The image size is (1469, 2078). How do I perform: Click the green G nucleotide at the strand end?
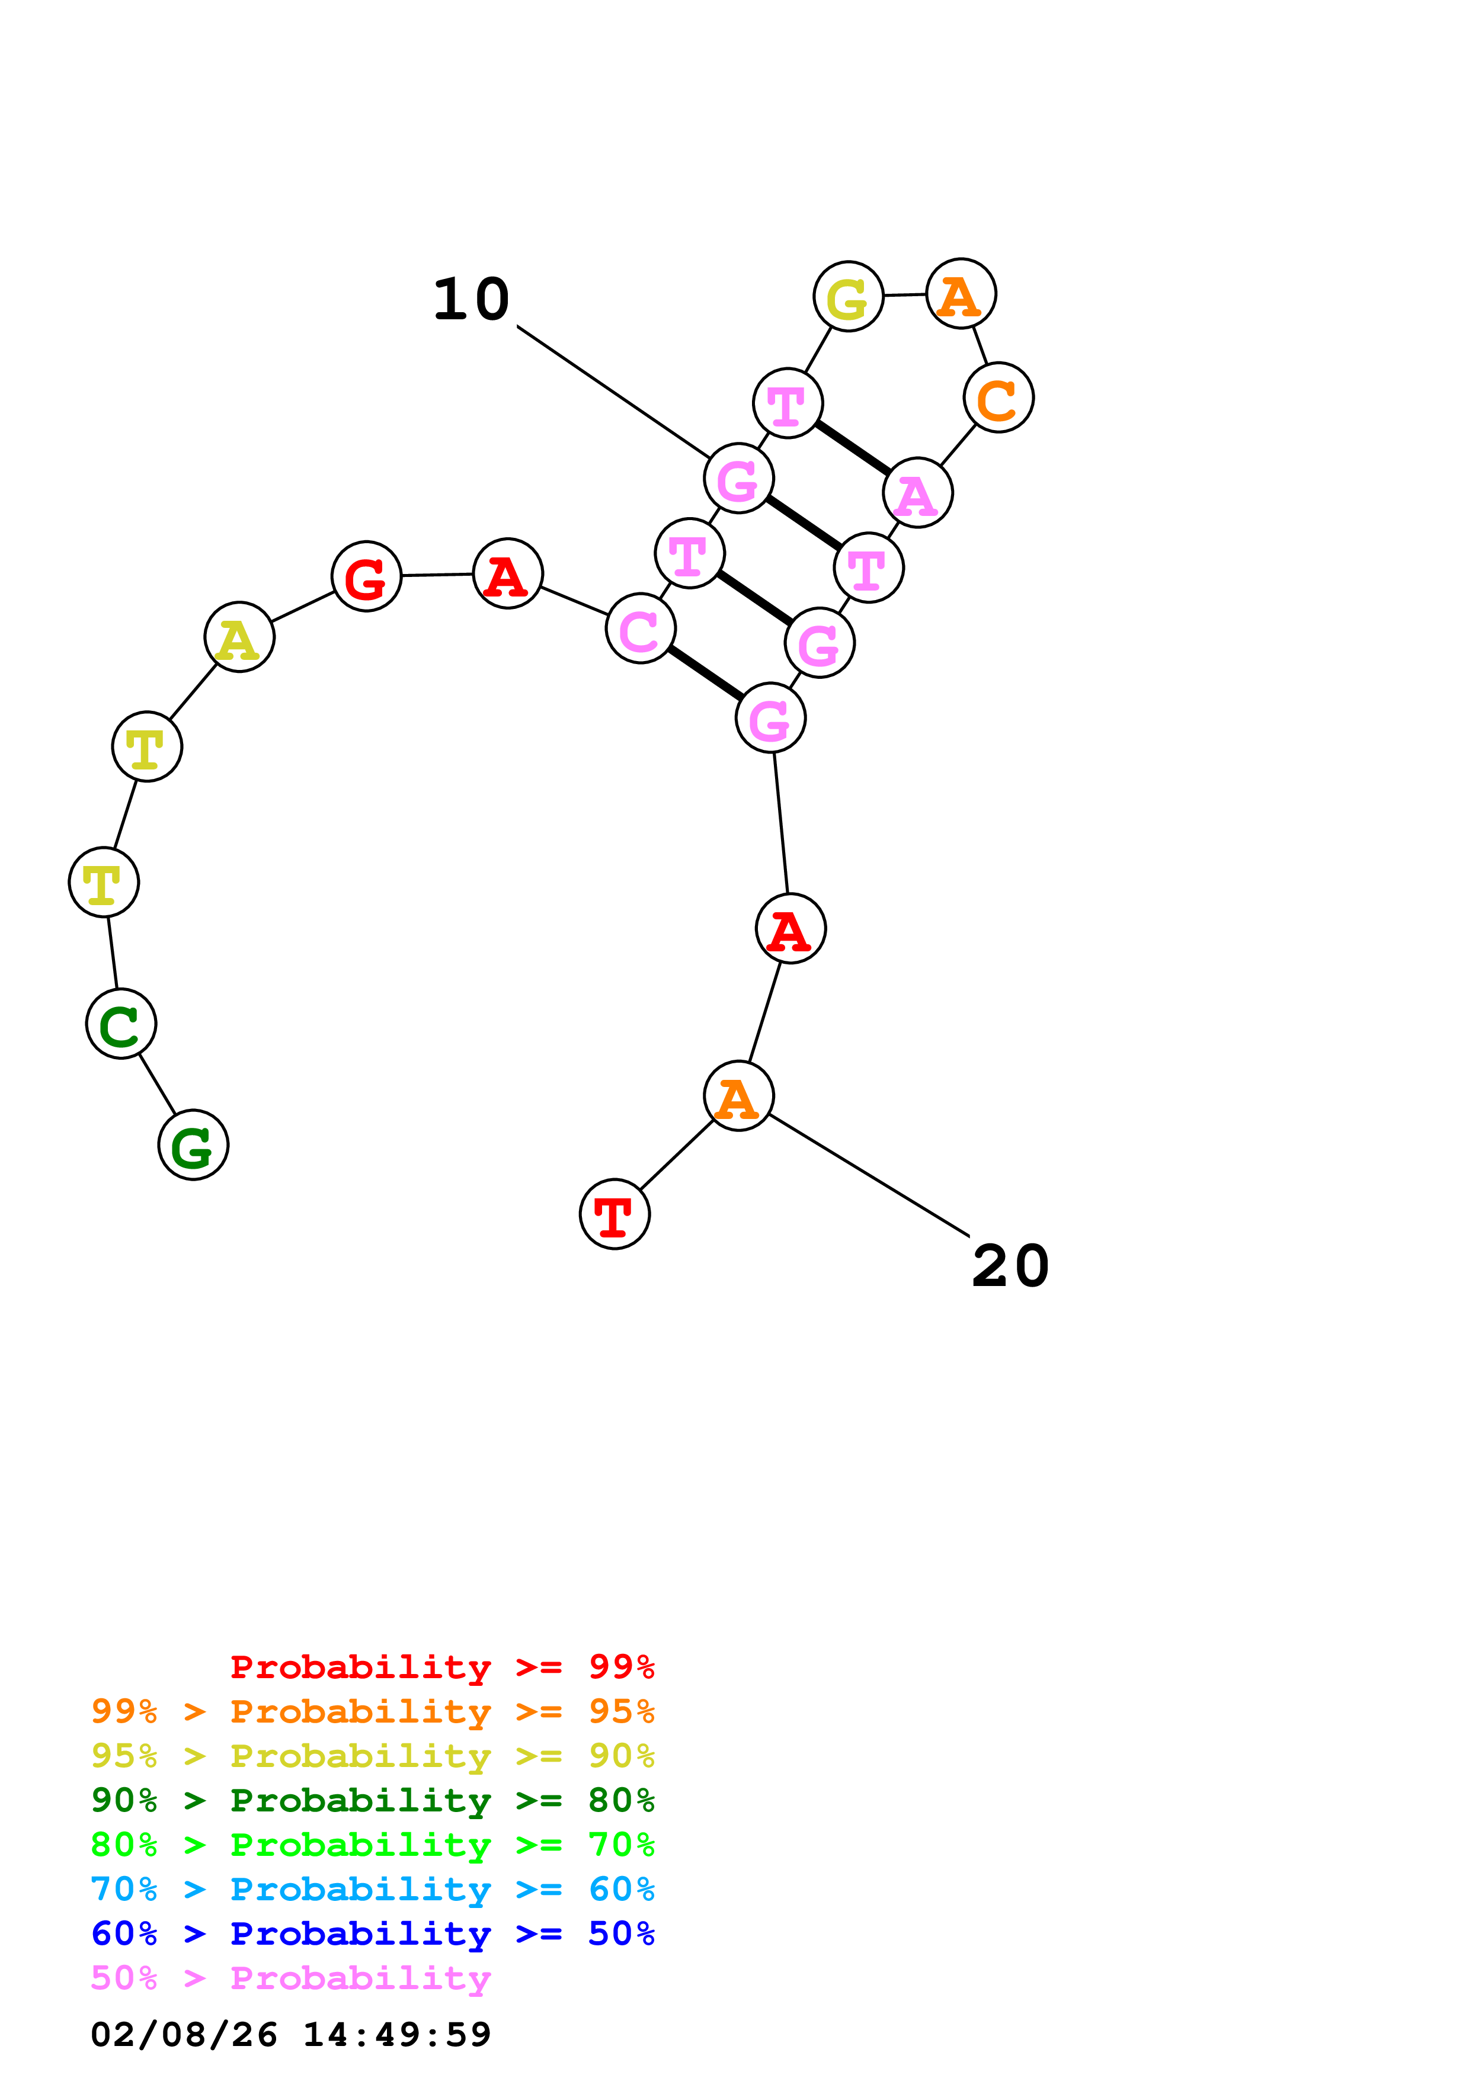193,1145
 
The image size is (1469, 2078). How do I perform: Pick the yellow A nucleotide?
239,637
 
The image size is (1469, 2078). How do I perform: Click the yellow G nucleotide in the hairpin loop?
848,296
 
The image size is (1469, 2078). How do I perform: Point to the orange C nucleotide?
998,397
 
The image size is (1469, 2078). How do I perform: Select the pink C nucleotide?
641,628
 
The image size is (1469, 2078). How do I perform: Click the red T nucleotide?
615,1214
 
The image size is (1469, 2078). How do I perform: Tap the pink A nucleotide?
918,492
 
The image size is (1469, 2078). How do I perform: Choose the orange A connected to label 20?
738,1096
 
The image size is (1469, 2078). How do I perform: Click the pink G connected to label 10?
738,478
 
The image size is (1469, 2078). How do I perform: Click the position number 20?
1010,1265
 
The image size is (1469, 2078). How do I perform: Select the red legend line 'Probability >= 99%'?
441,1666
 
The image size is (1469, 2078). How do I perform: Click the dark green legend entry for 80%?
372,1800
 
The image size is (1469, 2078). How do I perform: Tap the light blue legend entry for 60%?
372,1889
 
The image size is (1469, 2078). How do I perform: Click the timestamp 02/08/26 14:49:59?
290,2035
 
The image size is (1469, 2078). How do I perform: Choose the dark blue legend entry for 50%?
372,1933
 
